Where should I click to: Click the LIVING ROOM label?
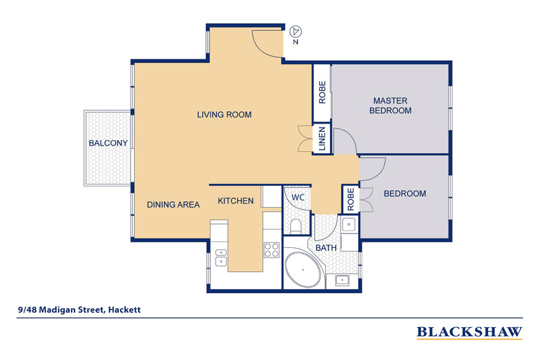225,115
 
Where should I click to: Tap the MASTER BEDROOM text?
390,105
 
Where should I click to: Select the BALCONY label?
108,143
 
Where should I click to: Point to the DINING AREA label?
174,204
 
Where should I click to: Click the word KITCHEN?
236,201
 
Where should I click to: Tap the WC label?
298,197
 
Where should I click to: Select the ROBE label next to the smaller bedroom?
349,199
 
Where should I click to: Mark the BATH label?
325,247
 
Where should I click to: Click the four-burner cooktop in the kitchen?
271,249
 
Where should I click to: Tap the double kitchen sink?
221,257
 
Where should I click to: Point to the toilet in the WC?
296,225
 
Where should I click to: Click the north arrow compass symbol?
295,31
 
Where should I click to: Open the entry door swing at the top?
267,42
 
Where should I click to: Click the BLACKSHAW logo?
470,332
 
